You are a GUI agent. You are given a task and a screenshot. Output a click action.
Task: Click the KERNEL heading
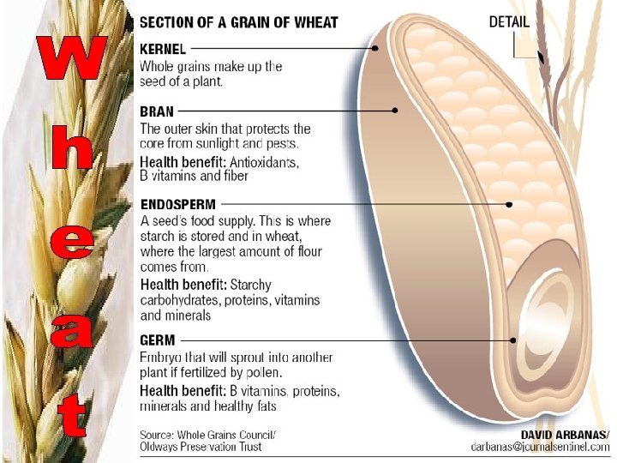[x=163, y=49]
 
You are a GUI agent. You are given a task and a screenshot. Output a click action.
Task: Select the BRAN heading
[x=157, y=111]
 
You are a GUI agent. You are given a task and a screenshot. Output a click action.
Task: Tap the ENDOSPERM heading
[x=178, y=204]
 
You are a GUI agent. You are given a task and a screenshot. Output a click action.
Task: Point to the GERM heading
[x=157, y=340]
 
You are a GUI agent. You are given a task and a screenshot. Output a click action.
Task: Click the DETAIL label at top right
[x=509, y=21]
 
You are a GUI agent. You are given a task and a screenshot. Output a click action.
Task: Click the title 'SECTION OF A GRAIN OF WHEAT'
[x=239, y=22]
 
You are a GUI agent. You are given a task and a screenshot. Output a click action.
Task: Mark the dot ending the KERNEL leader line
[x=375, y=49]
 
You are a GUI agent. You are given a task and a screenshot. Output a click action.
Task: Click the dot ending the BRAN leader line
[x=395, y=111]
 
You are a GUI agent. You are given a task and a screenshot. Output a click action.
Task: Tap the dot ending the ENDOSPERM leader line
[x=510, y=204]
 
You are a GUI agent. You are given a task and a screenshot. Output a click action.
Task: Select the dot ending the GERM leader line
[x=513, y=340]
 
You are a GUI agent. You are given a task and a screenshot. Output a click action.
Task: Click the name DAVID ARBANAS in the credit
[x=566, y=435]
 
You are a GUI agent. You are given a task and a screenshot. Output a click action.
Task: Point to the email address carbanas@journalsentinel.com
[x=540, y=447]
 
